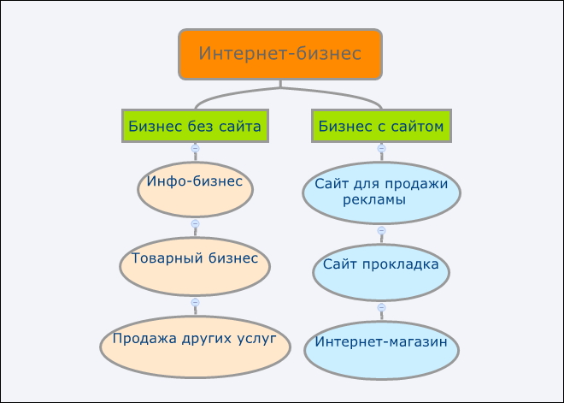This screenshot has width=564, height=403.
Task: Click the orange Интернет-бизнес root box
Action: [280, 54]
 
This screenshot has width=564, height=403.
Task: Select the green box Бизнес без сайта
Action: [194, 127]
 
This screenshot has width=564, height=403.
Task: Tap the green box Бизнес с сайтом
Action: [381, 127]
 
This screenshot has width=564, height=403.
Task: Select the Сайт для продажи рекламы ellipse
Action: [381, 192]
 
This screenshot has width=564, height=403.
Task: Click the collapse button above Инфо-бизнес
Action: [195, 148]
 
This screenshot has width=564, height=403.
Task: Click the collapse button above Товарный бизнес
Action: [195, 223]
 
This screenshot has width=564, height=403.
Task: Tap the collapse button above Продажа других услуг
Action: [195, 302]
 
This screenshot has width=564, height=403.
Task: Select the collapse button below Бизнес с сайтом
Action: [381, 148]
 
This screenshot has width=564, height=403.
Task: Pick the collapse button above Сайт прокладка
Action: [381, 230]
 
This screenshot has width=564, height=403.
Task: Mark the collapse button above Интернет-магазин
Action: [381, 307]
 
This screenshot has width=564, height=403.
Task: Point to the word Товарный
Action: [161, 258]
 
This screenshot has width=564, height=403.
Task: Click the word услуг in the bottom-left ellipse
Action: [259, 338]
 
